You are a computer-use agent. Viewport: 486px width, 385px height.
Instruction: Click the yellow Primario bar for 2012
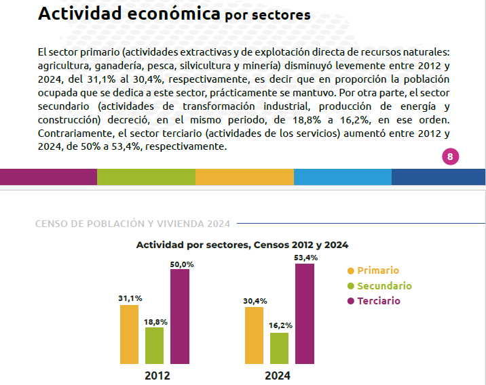tap(129, 334)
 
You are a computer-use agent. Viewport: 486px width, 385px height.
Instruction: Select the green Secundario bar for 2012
tap(154, 346)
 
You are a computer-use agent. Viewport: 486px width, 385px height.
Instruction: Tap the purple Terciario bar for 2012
tap(180, 317)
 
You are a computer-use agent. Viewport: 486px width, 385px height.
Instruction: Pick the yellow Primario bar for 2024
tap(254, 336)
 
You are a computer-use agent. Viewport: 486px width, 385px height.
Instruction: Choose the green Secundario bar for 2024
tap(279, 348)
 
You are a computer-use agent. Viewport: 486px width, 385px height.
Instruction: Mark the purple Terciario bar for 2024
tap(305, 314)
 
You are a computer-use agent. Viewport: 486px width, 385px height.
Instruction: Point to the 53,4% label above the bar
tap(306, 258)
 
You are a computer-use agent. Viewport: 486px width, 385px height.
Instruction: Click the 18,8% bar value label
tap(155, 322)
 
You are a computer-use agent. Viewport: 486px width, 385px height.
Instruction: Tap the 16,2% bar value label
tap(280, 325)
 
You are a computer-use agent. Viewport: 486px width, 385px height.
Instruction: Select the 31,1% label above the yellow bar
tap(130, 298)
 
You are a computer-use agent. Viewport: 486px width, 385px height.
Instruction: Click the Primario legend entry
tap(373, 270)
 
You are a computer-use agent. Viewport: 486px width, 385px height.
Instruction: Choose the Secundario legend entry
tap(379, 285)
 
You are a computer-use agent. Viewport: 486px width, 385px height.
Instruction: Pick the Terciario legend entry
tap(374, 301)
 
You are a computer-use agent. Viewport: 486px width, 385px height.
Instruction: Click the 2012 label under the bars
tap(157, 376)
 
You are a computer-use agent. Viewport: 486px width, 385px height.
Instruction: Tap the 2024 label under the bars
tap(278, 376)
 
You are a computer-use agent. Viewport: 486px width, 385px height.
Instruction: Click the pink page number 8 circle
tap(450, 157)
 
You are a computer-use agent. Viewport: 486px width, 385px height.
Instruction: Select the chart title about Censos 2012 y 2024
tap(242, 245)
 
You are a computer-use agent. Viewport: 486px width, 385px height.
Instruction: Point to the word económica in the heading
tap(174, 14)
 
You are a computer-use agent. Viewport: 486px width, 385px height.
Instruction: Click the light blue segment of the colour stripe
tap(343, 177)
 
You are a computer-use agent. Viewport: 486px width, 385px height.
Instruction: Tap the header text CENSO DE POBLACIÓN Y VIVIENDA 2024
tap(132, 224)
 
